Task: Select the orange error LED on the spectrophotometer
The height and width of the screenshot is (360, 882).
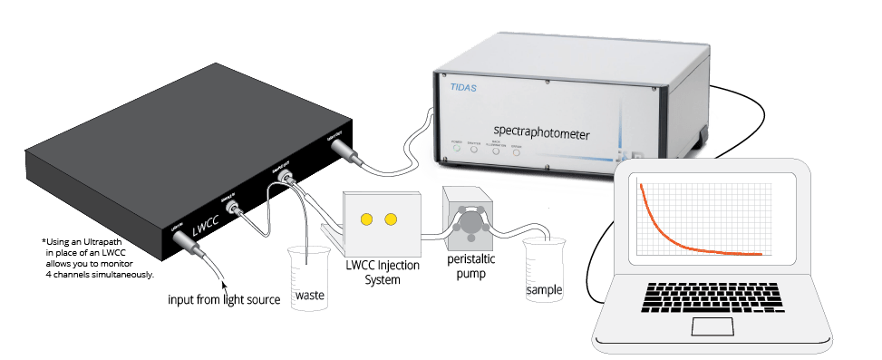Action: pyautogui.click(x=516, y=151)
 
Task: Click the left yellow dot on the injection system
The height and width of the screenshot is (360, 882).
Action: pyautogui.click(x=367, y=219)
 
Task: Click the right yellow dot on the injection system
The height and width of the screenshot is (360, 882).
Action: pyautogui.click(x=392, y=219)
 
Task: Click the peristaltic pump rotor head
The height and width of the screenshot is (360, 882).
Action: pyautogui.click(x=470, y=221)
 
